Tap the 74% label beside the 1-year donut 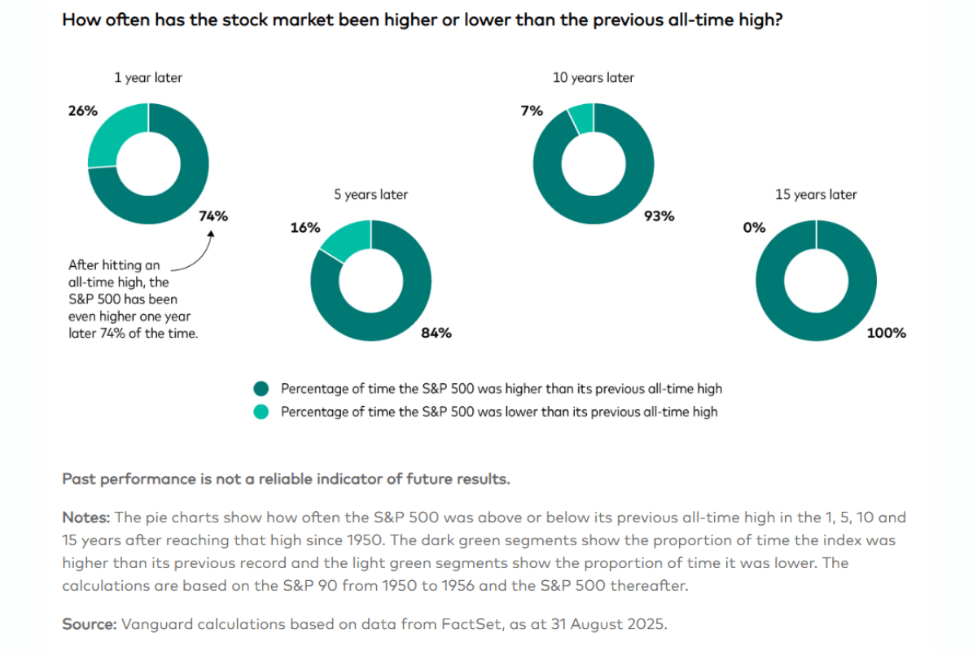213,216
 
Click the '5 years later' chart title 370,194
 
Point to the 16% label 304,228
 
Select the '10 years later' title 593,77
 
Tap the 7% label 532,110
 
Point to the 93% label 659,216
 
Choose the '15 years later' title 816,194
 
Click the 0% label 754,228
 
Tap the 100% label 887,333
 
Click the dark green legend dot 261,388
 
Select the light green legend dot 261,412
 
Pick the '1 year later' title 148,77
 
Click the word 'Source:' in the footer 90,624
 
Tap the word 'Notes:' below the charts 86,518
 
